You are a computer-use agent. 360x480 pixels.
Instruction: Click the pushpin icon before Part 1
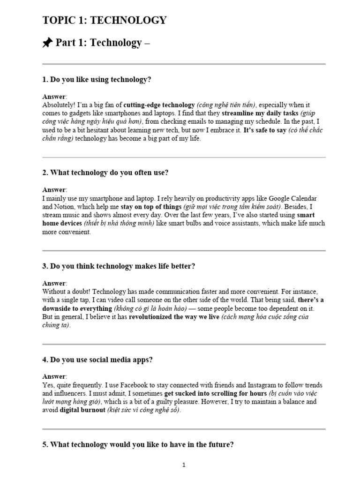point(47,43)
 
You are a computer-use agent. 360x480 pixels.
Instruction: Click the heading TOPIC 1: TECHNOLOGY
point(104,20)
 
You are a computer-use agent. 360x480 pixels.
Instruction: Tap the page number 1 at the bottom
point(184,465)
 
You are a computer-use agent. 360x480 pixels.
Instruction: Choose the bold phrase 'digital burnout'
point(82,410)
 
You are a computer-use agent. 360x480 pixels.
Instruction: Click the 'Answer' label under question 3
point(54,283)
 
